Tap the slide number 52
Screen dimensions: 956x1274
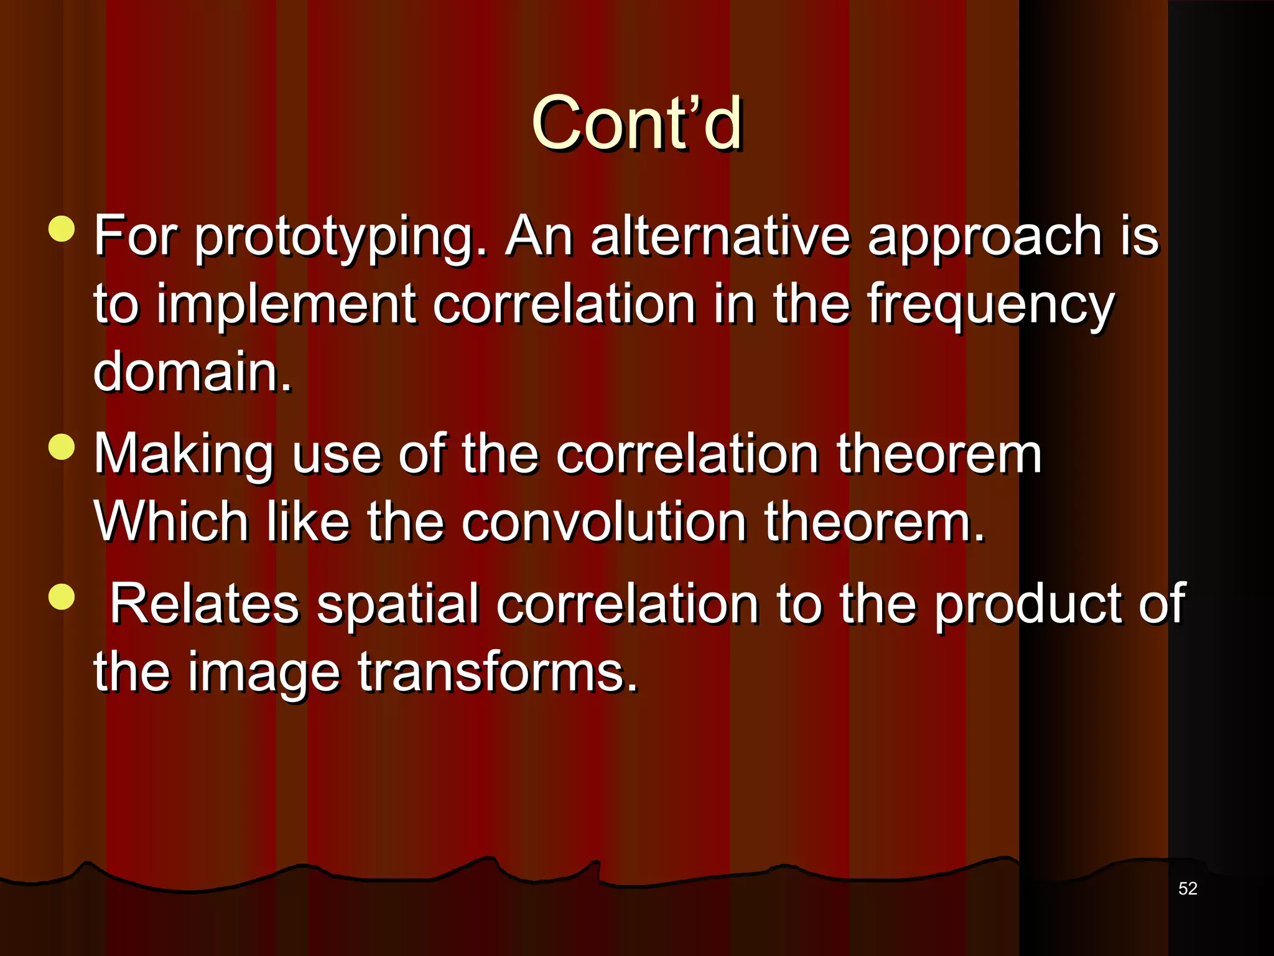[1188, 888]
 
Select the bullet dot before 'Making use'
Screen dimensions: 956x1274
[61, 446]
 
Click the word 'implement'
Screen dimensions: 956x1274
[286, 305]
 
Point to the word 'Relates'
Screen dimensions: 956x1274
[205, 604]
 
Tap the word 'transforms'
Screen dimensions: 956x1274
[497, 672]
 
